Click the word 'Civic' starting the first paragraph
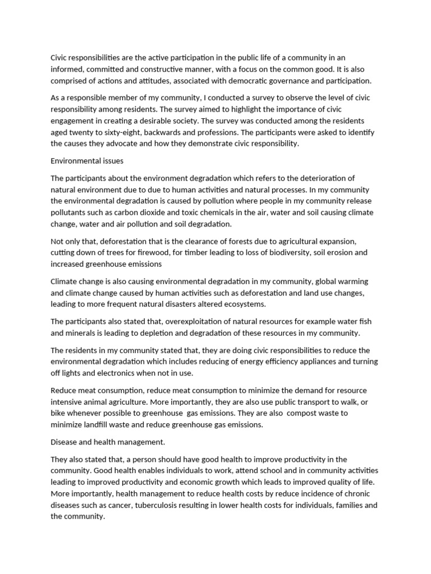pyautogui.click(x=59, y=58)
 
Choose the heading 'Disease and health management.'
pyautogui.click(x=108, y=442)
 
